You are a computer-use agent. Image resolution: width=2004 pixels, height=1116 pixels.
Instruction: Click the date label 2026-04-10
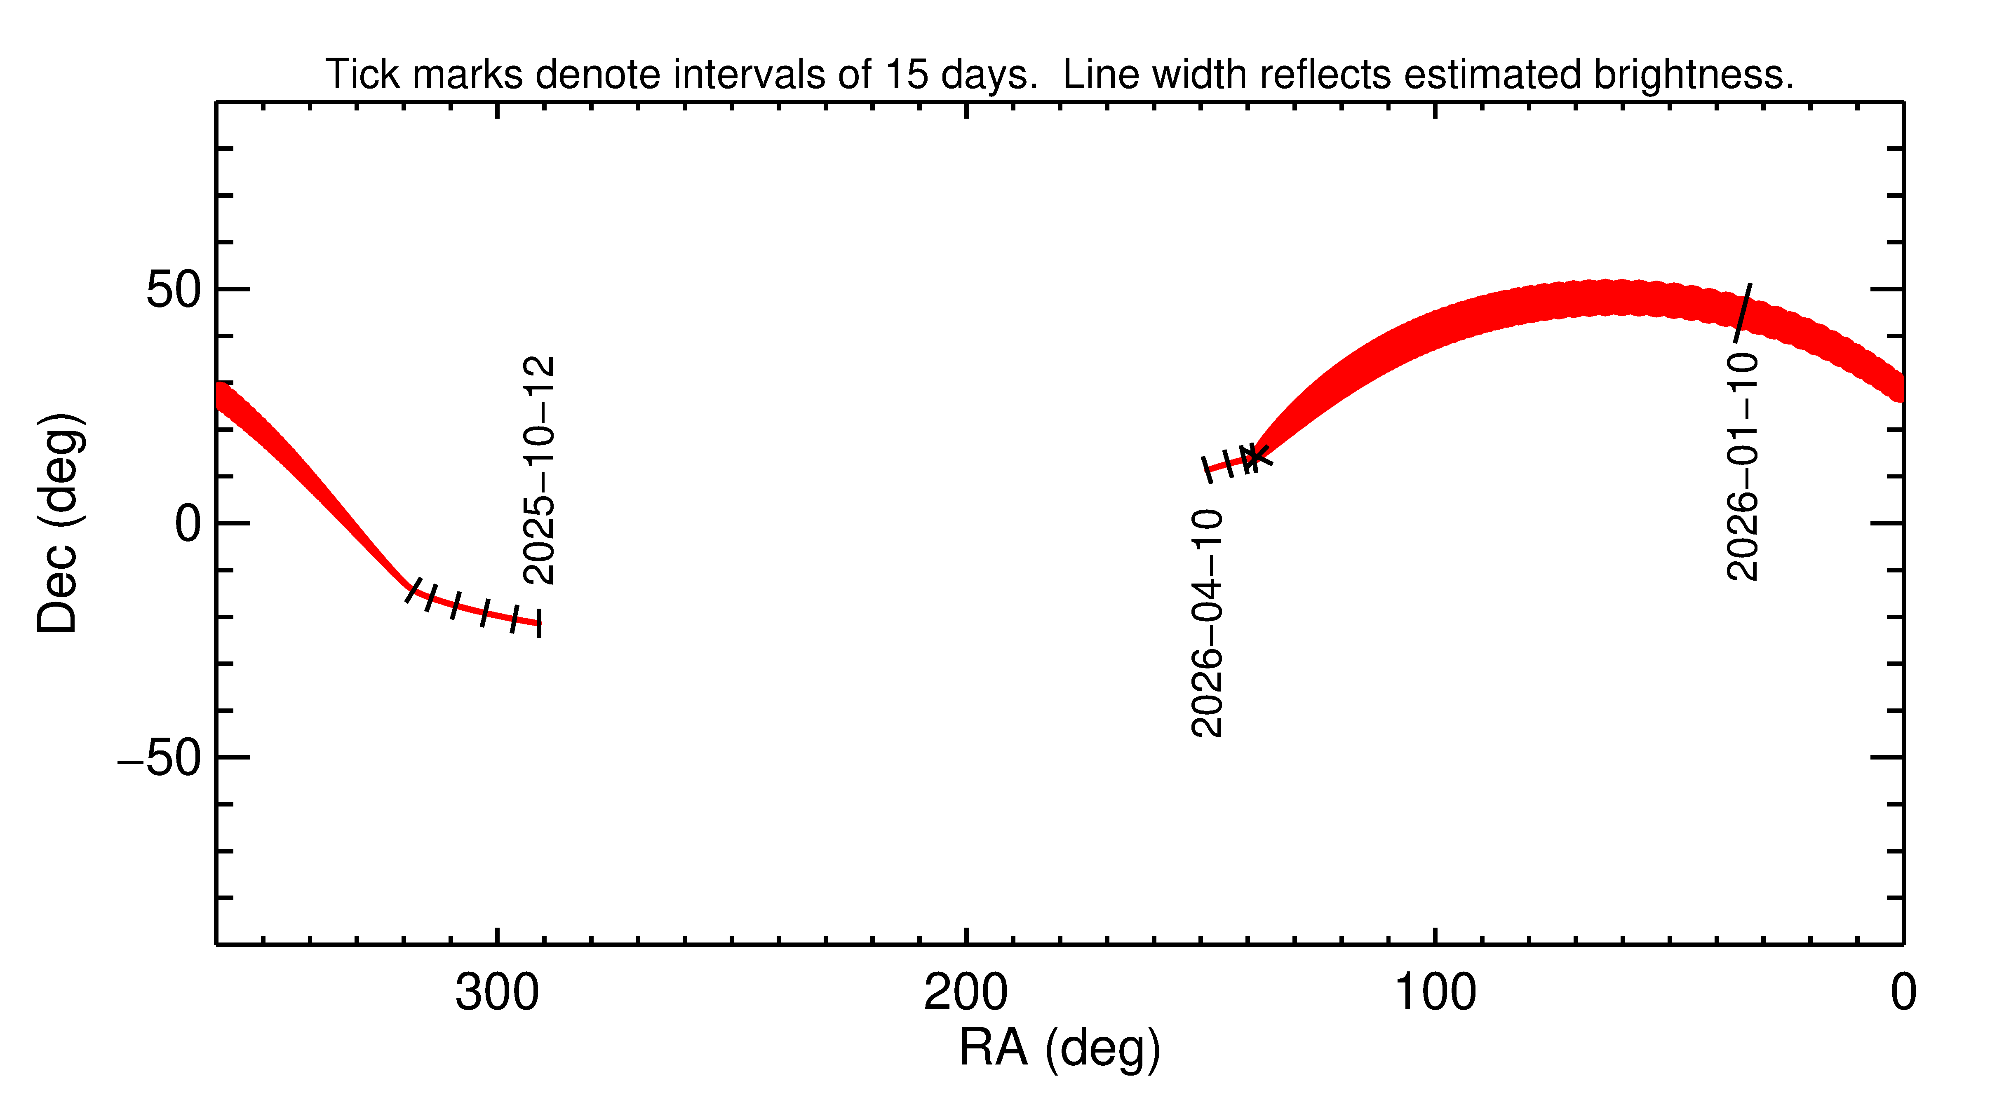click(1207, 623)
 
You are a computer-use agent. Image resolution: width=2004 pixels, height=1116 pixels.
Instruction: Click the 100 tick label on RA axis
click(1435, 993)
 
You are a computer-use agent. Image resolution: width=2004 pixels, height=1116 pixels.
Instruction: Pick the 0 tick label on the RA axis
click(1903, 993)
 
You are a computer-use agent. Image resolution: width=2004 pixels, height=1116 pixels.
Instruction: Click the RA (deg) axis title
click(1060, 1048)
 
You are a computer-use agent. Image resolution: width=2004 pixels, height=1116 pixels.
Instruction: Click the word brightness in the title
click(1693, 75)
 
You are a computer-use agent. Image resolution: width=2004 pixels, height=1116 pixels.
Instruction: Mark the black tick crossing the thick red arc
click(1743, 312)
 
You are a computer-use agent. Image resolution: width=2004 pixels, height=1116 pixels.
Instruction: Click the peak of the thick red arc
click(1610, 298)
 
